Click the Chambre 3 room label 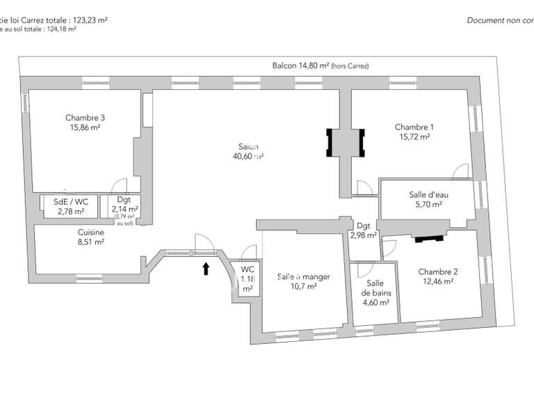(85, 118)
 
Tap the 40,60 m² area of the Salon (248, 157)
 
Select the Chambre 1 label (414, 127)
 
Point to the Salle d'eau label (428, 195)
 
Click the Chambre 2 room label (437, 272)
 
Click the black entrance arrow (206, 269)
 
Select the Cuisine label (90, 233)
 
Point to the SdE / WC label (70, 202)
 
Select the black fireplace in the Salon (346, 143)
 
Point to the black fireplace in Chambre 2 (428, 238)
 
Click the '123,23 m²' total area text (90, 21)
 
